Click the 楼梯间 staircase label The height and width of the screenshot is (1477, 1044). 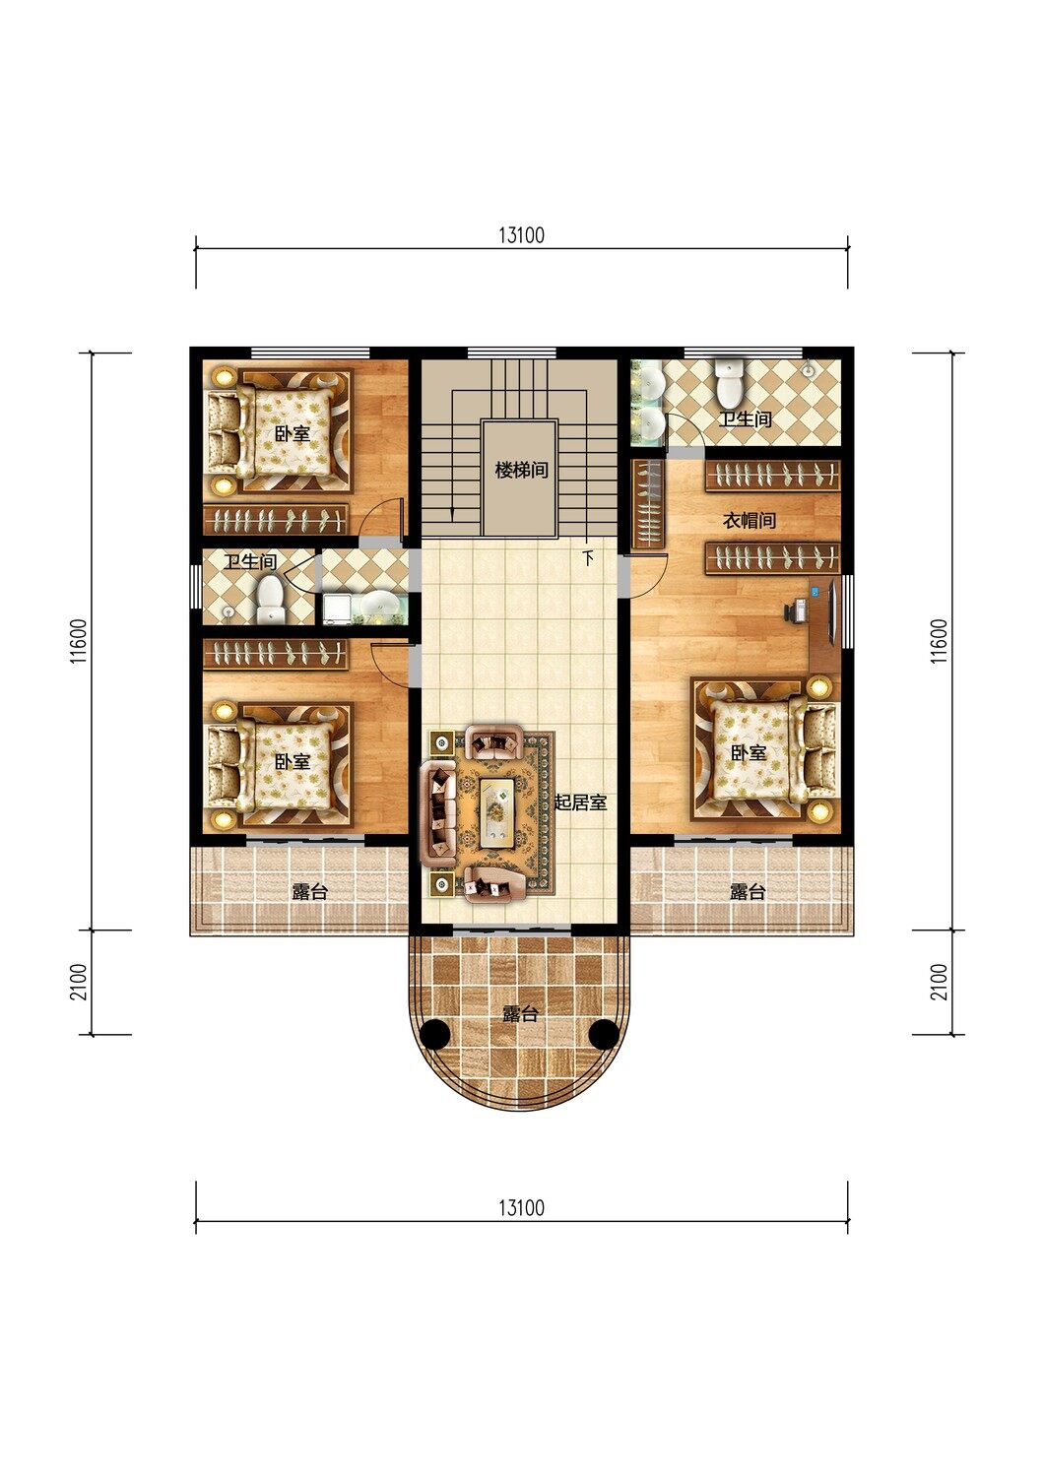click(521, 471)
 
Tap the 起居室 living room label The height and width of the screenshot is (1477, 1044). click(580, 803)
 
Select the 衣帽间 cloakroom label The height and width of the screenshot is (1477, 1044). click(750, 521)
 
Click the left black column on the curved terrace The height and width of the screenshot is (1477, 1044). click(435, 1034)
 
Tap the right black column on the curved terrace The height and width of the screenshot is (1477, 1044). click(604, 1034)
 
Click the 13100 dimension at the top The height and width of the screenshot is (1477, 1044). click(522, 234)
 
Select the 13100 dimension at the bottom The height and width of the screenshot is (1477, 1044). click(522, 1208)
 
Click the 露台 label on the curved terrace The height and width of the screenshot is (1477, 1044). click(520, 1013)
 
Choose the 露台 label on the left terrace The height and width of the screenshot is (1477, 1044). click(309, 892)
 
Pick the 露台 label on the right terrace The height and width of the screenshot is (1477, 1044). click(748, 892)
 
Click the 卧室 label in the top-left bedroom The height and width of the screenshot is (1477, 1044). click(293, 434)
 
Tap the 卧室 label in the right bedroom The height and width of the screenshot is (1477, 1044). click(749, 753)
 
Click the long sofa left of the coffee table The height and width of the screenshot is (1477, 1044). click(438, 813)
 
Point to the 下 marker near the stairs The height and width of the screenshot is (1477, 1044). click(588, 559)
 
